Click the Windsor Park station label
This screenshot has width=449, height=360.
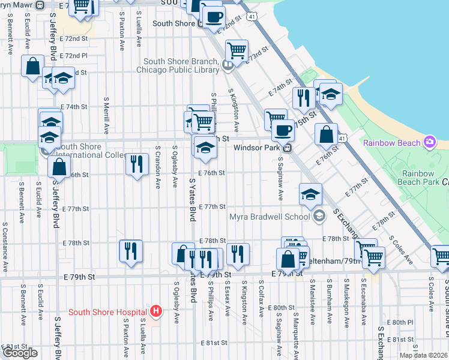[x=258, y=148]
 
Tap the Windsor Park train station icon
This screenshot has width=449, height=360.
[x=288, y=148]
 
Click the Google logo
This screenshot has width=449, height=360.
[x=20, y=352]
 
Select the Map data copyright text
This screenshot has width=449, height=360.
[x=423, y=355]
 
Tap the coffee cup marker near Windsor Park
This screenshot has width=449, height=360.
[x=283, y=129]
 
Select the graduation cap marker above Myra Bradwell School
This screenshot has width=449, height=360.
[x=310, y=193]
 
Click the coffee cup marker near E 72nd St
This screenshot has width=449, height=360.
[x=213, y=16]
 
